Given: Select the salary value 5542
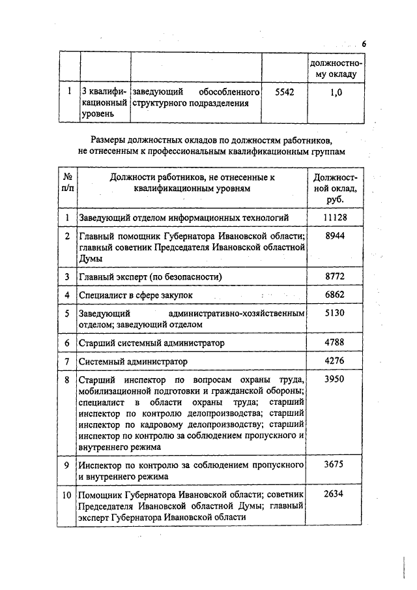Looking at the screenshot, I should tap(285, 93).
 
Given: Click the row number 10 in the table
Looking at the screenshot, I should tap(67, 494).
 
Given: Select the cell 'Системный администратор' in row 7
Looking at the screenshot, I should tap(133, 361).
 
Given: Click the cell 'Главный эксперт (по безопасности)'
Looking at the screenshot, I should tap(151, 277).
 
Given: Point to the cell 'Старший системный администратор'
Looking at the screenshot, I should tap(151, 342).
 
